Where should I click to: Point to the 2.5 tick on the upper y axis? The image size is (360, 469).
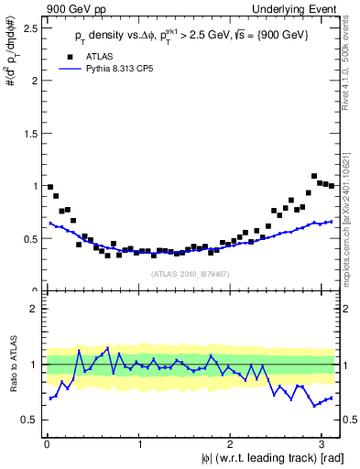(x=30, y=27)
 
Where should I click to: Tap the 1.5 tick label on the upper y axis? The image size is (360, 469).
(x=30, y=133)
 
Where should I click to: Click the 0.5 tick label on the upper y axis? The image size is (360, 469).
(x=30, y=238)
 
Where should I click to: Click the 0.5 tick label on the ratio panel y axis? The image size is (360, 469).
(x=30, y=420)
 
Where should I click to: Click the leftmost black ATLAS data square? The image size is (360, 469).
(x=49, y=187)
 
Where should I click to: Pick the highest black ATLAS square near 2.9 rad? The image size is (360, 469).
(x=314, y=176)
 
